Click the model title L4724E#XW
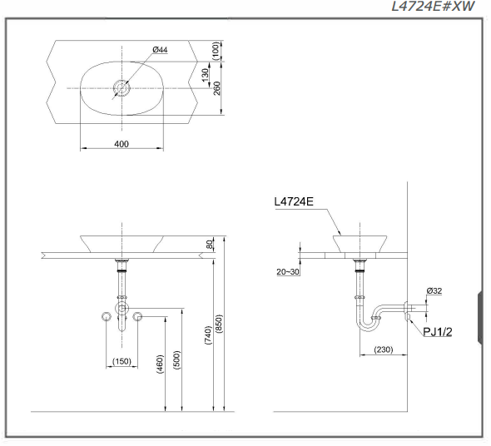pyautogui.click(x=433, y=7)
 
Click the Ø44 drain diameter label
pyautogui.click(x=160, y=49)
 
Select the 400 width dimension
pyautogui.click(x=122, y=144)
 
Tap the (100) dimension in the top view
pyautogui.click(x=216, y=51)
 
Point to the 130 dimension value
pyautogui.click(x=205, y=76)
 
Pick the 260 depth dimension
pyautogui.click(x=216, y=89)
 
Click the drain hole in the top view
pyautogui.click(x=122, y=88)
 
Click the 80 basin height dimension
pyautogui.click(x=211, y=244)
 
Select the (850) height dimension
pyautogui.click(x=219, y=323)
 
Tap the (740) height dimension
pyautogui.click(x=208, y=335)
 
